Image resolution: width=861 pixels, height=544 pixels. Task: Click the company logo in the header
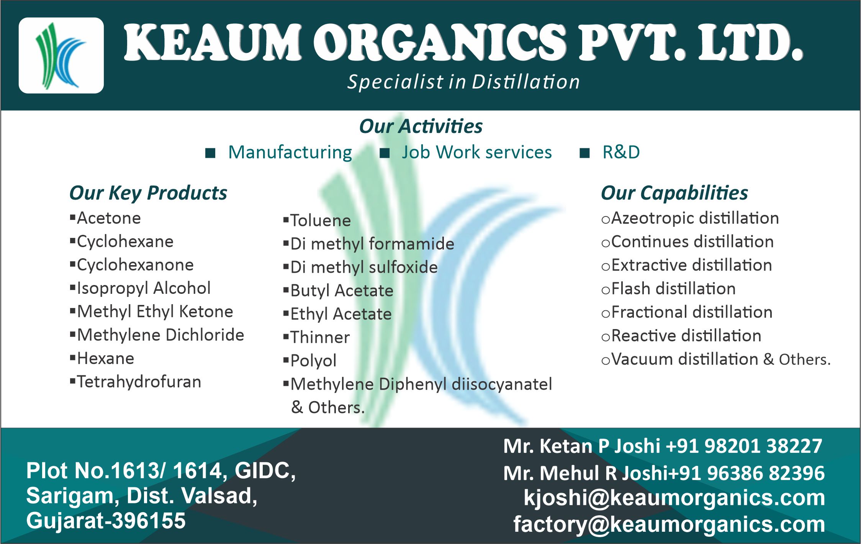tap(61, 56)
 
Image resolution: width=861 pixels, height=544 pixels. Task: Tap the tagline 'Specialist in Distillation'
tap(463, 82)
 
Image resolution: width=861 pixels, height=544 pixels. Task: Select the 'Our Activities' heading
tap(421, 126)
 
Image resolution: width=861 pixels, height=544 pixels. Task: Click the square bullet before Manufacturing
tap(210, 153)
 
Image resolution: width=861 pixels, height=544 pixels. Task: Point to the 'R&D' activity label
tap(621, 152)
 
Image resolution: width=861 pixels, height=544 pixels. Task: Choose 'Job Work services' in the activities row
tap(477, 152)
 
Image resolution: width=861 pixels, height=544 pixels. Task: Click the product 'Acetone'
tap(109, 218)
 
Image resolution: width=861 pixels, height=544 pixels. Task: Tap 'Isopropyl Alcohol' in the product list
tap(144, 288)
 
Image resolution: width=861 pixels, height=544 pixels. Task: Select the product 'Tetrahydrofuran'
tap(139, 382)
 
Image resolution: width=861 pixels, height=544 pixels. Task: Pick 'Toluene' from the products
tap(321, 220)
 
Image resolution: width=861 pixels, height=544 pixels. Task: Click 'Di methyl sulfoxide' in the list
tap(364, 267)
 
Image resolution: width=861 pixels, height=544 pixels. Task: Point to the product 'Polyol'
tap(313, 361)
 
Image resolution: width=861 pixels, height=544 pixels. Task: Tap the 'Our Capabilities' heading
tap(674, 193)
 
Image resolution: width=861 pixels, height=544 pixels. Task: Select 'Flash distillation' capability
tap(674, 288)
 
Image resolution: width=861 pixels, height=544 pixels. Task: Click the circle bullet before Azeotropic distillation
tap(606, 220)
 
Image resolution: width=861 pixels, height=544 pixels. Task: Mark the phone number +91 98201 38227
tap(744, 446)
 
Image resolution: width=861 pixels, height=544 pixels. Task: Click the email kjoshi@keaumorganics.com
tap(674, 498)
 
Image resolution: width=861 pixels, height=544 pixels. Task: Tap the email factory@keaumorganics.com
tap(669, 524)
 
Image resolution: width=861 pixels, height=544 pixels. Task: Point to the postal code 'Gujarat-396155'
tap(106, 521)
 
